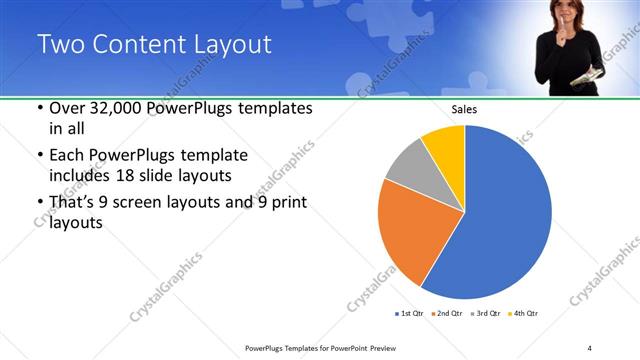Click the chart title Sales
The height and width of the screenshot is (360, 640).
click(x=464, y=109)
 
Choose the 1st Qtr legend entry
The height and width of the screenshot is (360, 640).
click(x=410, y=314)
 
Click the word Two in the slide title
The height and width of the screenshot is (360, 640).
click(x=58, y=45)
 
